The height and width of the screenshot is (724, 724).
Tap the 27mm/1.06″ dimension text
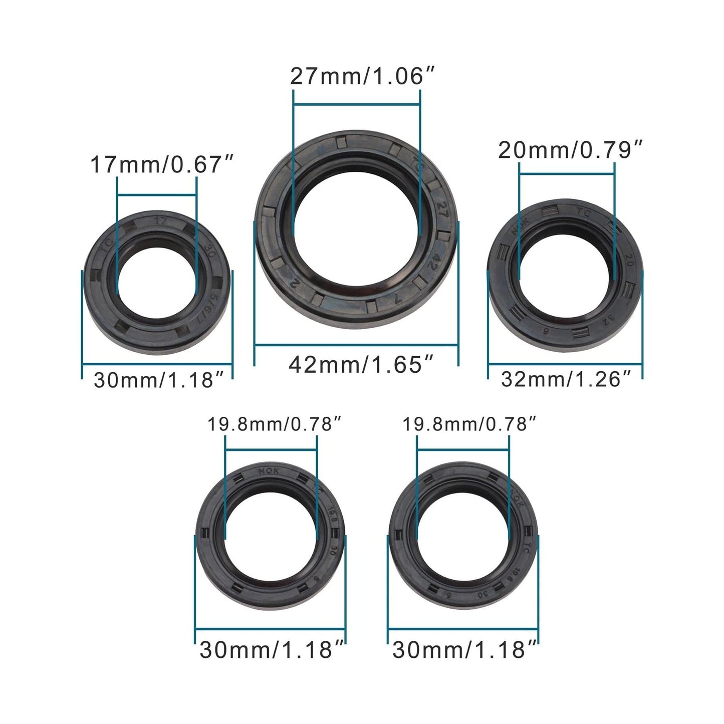click(x=361, y=77)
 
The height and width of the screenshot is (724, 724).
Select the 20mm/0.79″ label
click(x=570, y=150)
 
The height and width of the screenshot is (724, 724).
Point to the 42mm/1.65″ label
click(x=361, y=365)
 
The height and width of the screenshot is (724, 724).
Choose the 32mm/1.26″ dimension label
click(x=565, y=379)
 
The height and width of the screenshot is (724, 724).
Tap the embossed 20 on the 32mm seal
click(x=626, y=259)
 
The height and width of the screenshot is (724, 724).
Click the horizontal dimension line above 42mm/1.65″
click(x=356, y=345)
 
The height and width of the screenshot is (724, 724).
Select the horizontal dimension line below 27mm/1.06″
click(x=356, y=104)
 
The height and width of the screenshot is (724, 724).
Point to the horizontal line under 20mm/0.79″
click(x=567, y=173)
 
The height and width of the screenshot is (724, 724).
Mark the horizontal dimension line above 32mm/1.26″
click(x=565, y=363)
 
